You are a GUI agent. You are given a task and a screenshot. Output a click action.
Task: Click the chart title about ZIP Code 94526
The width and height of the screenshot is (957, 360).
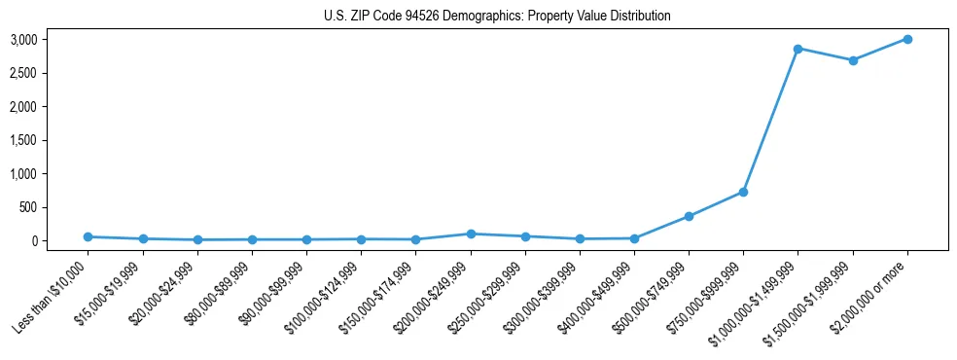[497, 17]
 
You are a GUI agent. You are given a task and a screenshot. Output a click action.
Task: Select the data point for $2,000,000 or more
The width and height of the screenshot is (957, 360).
[906, 39]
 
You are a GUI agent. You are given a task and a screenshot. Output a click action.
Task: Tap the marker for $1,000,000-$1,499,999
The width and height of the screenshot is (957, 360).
[797, 49]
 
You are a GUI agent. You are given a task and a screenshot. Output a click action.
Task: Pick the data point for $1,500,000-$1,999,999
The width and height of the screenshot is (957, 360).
[852, 60]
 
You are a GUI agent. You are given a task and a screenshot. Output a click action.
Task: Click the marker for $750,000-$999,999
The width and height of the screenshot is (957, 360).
[743, 192]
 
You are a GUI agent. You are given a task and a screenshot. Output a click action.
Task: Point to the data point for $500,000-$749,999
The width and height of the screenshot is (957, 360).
[689, 216]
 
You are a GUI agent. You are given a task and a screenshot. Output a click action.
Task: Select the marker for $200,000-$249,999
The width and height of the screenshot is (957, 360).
[471, 234]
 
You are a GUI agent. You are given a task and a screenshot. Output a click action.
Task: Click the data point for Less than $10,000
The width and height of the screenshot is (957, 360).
[89, 236]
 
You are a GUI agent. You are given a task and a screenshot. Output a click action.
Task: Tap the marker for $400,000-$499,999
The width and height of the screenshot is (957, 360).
[634, 238]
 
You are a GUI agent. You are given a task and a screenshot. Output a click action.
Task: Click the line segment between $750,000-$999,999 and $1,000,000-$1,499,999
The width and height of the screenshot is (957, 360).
[770, 120]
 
